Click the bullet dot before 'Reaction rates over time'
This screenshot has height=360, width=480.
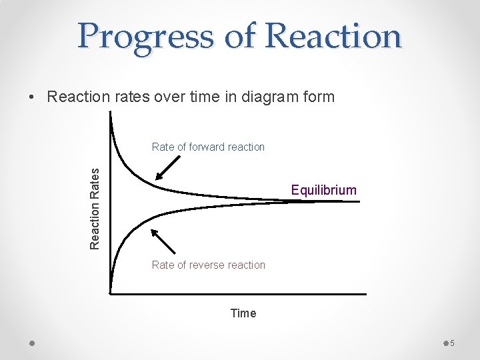coord(32,97)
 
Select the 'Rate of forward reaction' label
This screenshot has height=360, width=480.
coord(208,147)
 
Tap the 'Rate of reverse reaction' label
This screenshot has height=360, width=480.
coord(208,265)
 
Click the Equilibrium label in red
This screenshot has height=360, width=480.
coord(323,190)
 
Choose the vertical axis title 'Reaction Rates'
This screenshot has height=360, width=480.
coord(96,208)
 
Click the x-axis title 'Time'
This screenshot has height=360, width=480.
coord(243,313)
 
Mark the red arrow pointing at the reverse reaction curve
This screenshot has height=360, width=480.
coord(163,241)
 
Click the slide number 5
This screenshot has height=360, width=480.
coord(451,343)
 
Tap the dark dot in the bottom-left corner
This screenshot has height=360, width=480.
coord(32,343)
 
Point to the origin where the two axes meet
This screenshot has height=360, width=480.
coord(111,293)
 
